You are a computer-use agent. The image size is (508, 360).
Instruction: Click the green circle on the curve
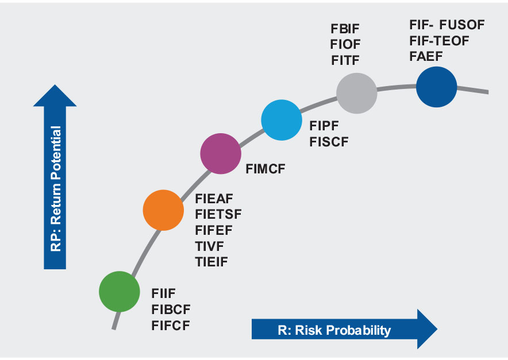(120, 291)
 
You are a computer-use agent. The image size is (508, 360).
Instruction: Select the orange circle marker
(163, 210)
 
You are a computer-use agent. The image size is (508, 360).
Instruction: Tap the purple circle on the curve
(221, 153)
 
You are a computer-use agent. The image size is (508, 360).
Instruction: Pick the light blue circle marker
(282, 120)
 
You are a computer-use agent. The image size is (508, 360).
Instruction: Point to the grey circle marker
(357, 93)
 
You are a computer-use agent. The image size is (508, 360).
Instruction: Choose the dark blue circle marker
(436, 87)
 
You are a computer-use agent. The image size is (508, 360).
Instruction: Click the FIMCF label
(265, 169)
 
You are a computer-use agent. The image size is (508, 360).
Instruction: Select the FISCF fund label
(329, 142)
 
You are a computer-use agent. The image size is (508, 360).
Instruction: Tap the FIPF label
(324, 126)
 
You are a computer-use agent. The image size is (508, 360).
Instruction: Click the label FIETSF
(218, 214)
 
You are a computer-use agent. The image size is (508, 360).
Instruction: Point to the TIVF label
(209, 246)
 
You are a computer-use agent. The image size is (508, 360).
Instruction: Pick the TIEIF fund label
(211, 262)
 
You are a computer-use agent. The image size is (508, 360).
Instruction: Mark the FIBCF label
(171, 309)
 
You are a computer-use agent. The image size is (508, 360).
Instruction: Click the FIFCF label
(171, 326)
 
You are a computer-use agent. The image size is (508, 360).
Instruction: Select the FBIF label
(345, 29)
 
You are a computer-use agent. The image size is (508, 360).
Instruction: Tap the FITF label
(345, 60)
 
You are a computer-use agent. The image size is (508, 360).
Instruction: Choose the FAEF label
(426, 56)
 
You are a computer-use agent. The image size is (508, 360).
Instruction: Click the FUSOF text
(462, 25)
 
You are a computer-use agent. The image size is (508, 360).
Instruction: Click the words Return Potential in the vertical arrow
(56, 175)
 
